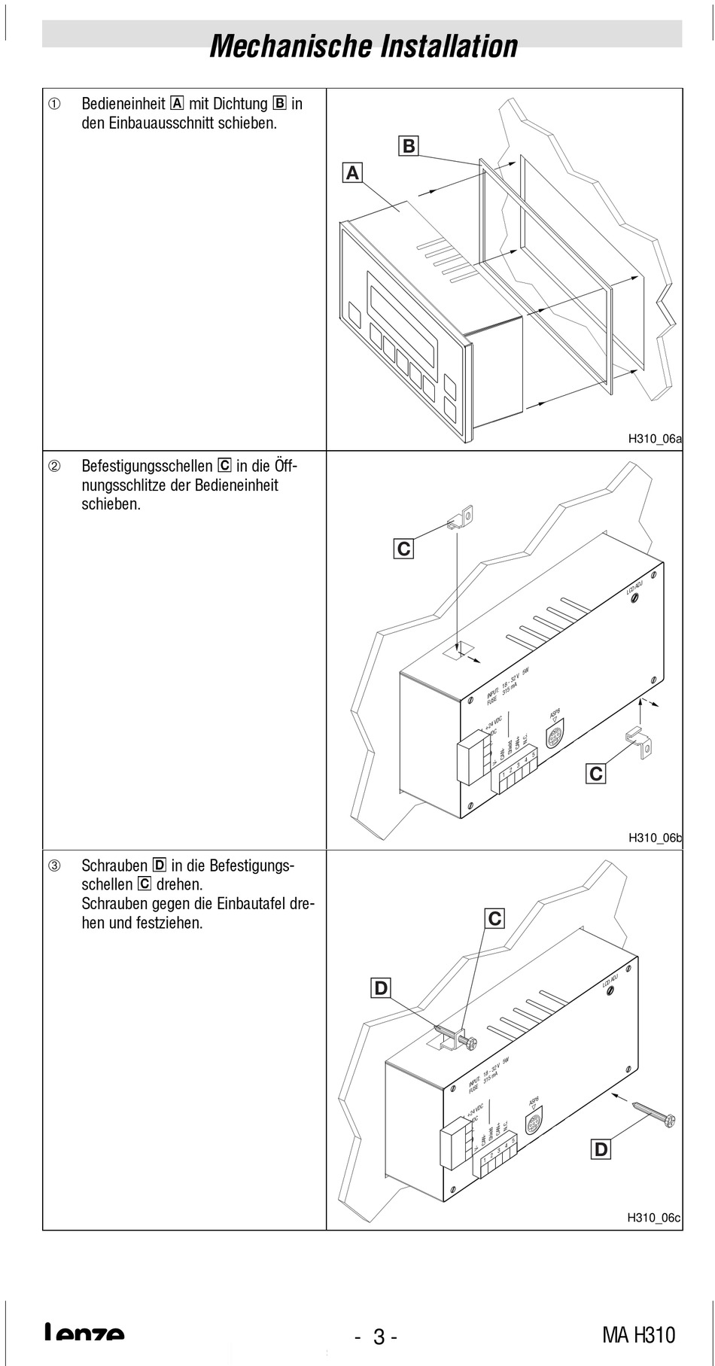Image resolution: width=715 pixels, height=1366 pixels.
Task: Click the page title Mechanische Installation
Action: pyautogui.click(x=364, y=46)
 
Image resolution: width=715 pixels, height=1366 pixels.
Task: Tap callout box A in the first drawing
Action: pyautogui.click(x=351, y=173)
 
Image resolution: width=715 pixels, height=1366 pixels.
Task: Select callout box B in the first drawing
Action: pyautogui.click(x=409, y=146)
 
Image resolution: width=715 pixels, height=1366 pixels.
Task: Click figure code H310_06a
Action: pyautogui.click(x=655, y=440)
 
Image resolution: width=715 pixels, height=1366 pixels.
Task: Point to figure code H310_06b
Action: pyautogui.click(x=655, y=838)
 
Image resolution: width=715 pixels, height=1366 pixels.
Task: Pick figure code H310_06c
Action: pyautogui.click(x=655, y=1218)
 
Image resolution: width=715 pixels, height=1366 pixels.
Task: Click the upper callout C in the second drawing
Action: pyautogui.click(x=404, y=549)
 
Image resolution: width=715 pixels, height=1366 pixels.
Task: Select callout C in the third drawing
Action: pyautogui.click(x=494, y=919)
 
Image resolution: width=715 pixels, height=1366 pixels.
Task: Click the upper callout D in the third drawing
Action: pyautogui.click(x=382, y=987)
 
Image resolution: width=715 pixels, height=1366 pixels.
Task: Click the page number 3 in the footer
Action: pyautogui.click(x=379, y=1337)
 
